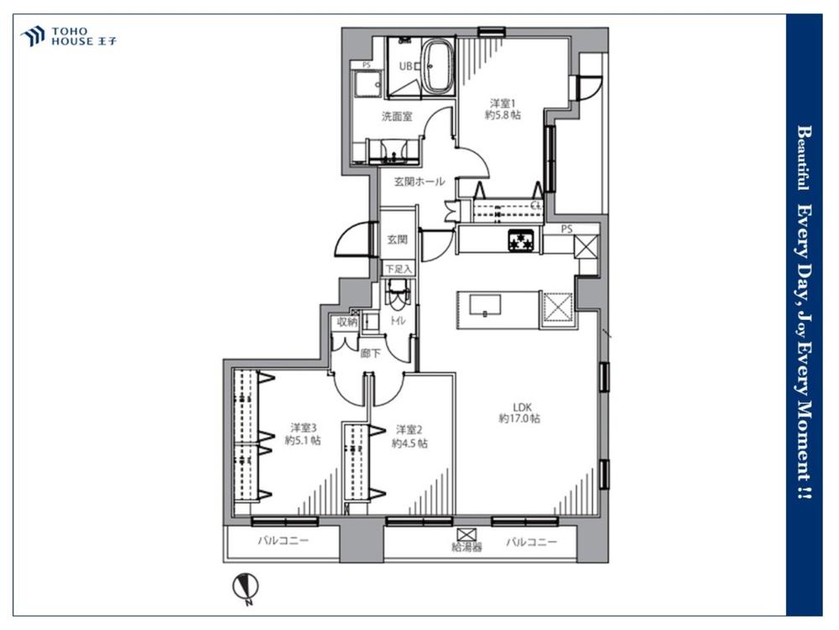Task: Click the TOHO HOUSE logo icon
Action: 32,36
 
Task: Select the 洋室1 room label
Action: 503,102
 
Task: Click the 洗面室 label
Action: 397,116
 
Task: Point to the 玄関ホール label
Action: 419,181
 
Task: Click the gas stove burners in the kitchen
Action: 521,239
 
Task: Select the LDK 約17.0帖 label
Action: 519,413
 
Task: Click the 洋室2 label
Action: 409,429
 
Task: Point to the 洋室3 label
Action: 304,428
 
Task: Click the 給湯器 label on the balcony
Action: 467,548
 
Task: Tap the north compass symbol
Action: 246,587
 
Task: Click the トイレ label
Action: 398,321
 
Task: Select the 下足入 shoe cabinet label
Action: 399,269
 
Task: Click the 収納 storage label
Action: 347,322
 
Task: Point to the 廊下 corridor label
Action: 370,354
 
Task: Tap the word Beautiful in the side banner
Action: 803,158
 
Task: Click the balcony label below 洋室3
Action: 284,540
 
